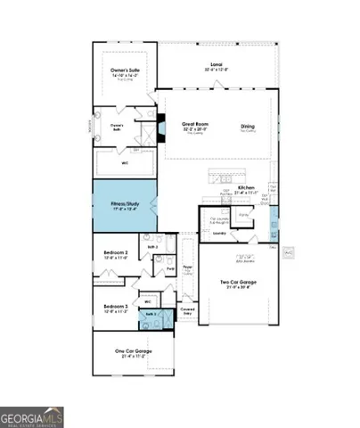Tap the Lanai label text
(x=215, y=65)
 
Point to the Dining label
(x=247, y=127)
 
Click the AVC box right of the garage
(x=288, y=253)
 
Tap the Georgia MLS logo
(x=31, y=416)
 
